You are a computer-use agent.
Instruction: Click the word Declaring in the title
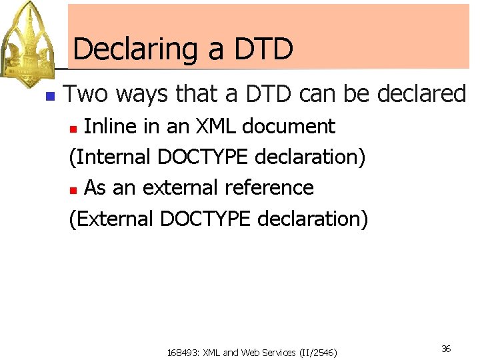134,50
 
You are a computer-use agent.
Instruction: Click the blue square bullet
49,96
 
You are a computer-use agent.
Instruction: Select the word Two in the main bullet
85,94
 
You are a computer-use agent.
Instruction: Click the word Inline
111,126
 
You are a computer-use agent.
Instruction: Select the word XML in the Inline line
223,126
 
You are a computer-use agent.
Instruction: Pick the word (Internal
111,157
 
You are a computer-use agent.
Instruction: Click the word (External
111,219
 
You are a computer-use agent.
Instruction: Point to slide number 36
446,349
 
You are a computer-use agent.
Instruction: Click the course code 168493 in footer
182,352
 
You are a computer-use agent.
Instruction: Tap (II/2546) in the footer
318,352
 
